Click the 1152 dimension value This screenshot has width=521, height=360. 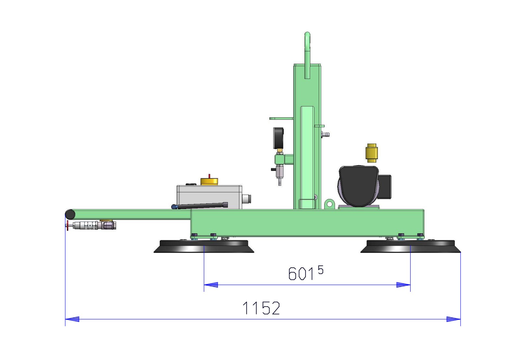[261, 308]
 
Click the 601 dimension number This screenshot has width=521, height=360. [301, 274]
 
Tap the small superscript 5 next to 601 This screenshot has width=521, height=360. [321, 270]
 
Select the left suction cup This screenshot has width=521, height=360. [204, 246]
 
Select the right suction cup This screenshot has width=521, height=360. [411, 246]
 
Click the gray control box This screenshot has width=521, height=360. [209, 197]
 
